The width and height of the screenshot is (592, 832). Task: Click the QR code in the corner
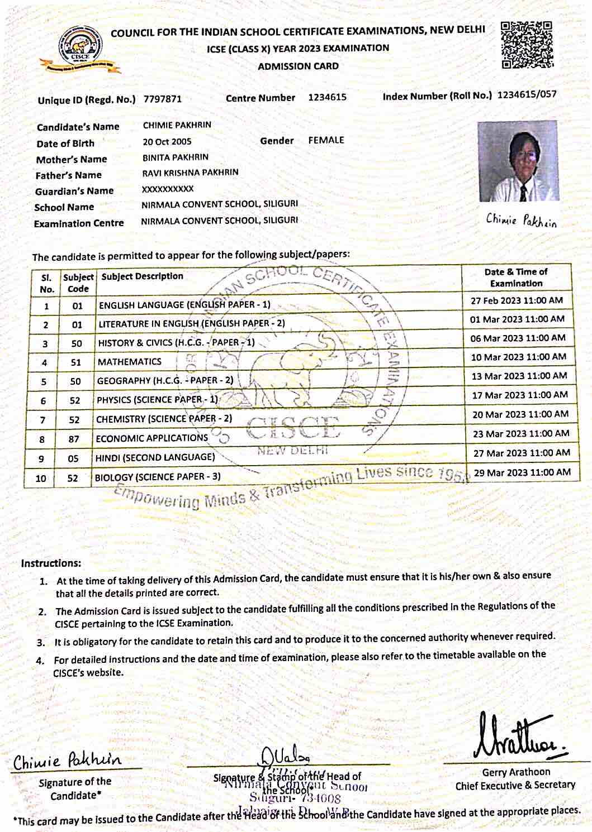pos(526,44)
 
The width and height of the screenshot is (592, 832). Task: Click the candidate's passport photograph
pos(518,161)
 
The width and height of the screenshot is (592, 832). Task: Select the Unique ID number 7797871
pos(163,99)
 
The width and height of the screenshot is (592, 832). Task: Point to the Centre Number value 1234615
pos(327,97)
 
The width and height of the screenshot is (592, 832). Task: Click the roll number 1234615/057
pos(527,94)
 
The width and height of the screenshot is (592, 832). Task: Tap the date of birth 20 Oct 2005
pos(167,141)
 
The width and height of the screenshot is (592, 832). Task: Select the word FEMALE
pos(326,140)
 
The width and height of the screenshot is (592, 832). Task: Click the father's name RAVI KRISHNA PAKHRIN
pos(190,173)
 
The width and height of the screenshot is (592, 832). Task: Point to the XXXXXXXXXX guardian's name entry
pos(168,189)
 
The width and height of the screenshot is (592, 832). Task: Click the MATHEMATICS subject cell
pos(130,362)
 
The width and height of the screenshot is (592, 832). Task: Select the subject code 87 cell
pos(74,439)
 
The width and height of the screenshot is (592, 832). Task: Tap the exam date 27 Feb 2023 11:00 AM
pos(517,300)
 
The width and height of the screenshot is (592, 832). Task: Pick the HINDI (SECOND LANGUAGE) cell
pos(155,457)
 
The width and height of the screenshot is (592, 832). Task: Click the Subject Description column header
pos(143,276)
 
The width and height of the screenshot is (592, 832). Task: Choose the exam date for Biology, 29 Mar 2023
pos(522,472)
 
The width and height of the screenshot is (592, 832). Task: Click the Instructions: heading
pos(51,563)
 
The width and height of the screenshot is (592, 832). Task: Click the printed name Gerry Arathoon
pos(516,772)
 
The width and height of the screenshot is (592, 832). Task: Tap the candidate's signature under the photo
pos(521,220)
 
